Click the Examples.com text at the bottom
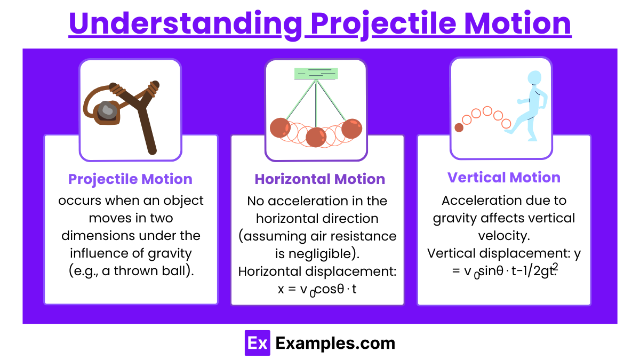click(335, 343)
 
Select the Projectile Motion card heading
click(130, 179)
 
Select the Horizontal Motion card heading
click(319, 179)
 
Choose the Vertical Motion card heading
click(503, 178)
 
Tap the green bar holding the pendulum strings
click(316, 74)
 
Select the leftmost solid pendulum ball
click(280, 128)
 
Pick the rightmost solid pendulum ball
click(351, 129)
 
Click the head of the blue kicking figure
click(534, 78)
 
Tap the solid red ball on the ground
click(459, 127)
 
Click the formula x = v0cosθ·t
click(317, 289)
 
